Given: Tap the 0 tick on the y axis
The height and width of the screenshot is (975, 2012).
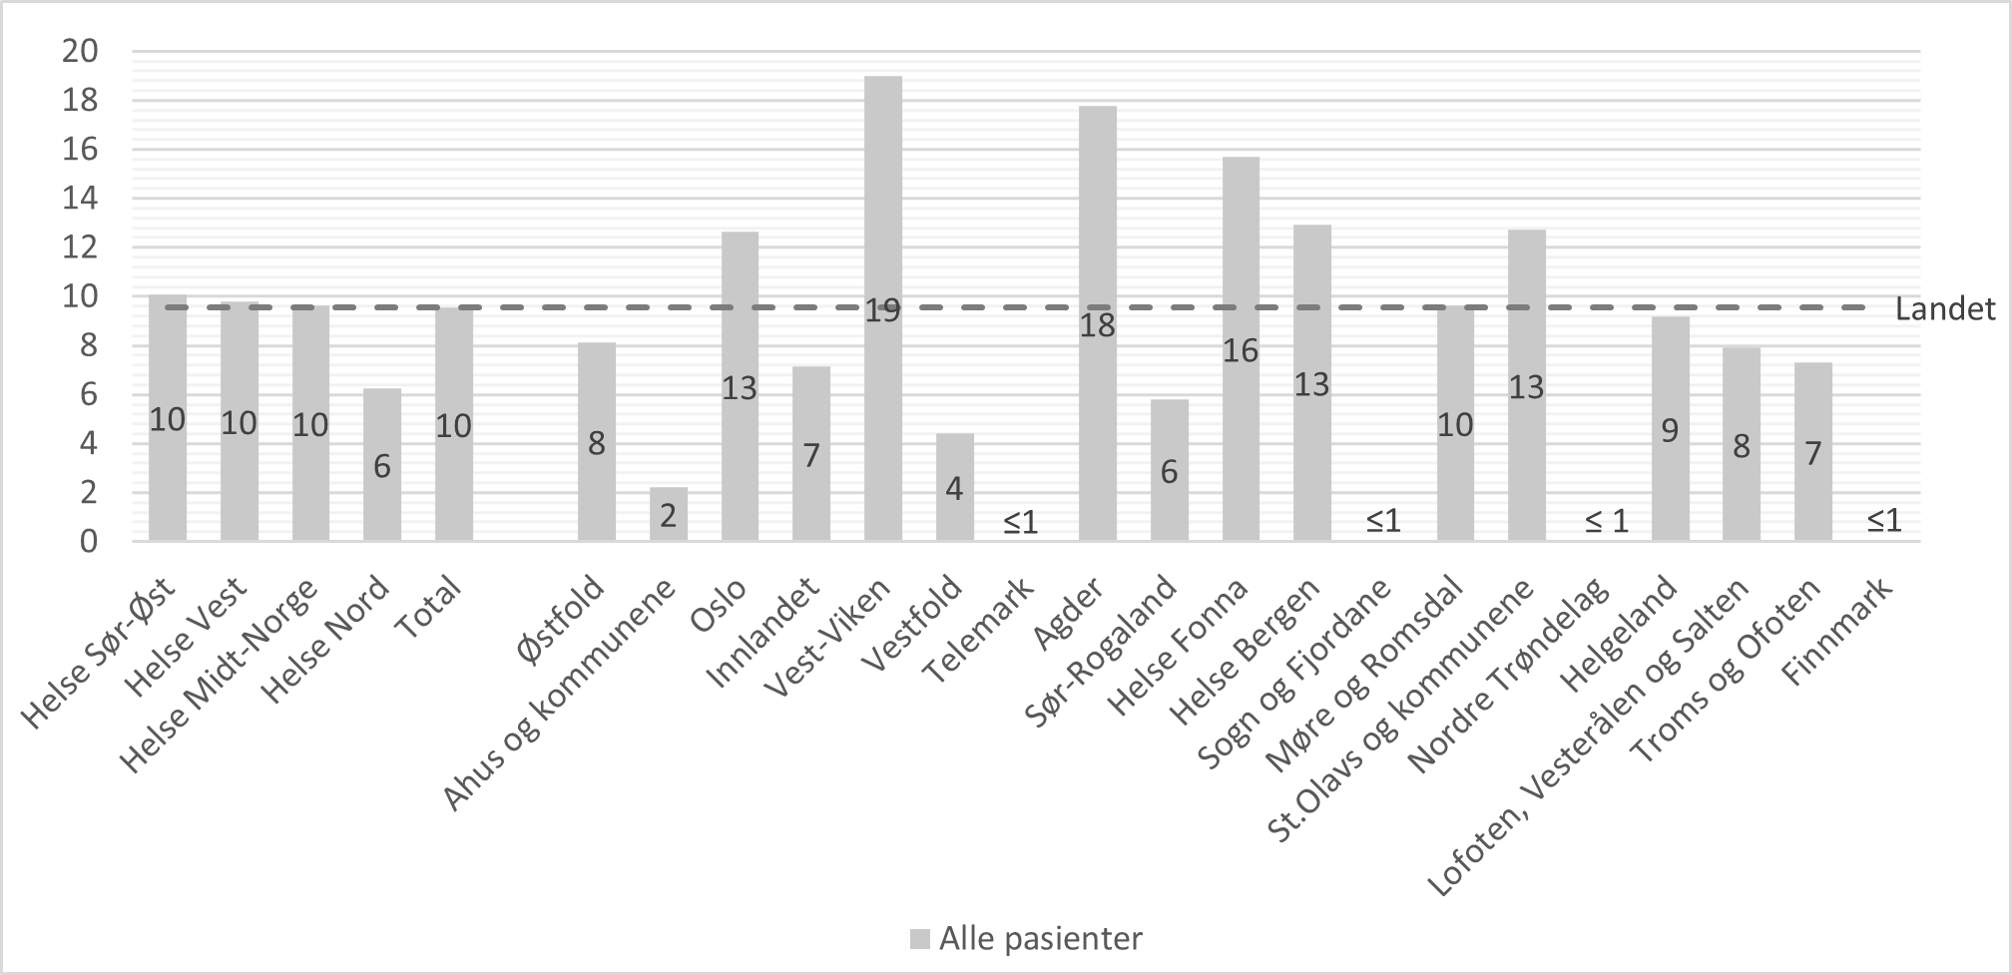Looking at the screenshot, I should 89,542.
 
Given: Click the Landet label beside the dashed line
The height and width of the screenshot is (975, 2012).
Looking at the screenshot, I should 1945,309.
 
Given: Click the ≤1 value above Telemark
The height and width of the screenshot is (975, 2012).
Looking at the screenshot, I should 1020,522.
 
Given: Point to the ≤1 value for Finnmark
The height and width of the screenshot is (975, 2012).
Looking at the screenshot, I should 1883,521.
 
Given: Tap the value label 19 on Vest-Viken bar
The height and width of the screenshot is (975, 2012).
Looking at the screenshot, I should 882,311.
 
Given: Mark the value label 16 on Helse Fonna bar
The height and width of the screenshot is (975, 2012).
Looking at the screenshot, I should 1241,350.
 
